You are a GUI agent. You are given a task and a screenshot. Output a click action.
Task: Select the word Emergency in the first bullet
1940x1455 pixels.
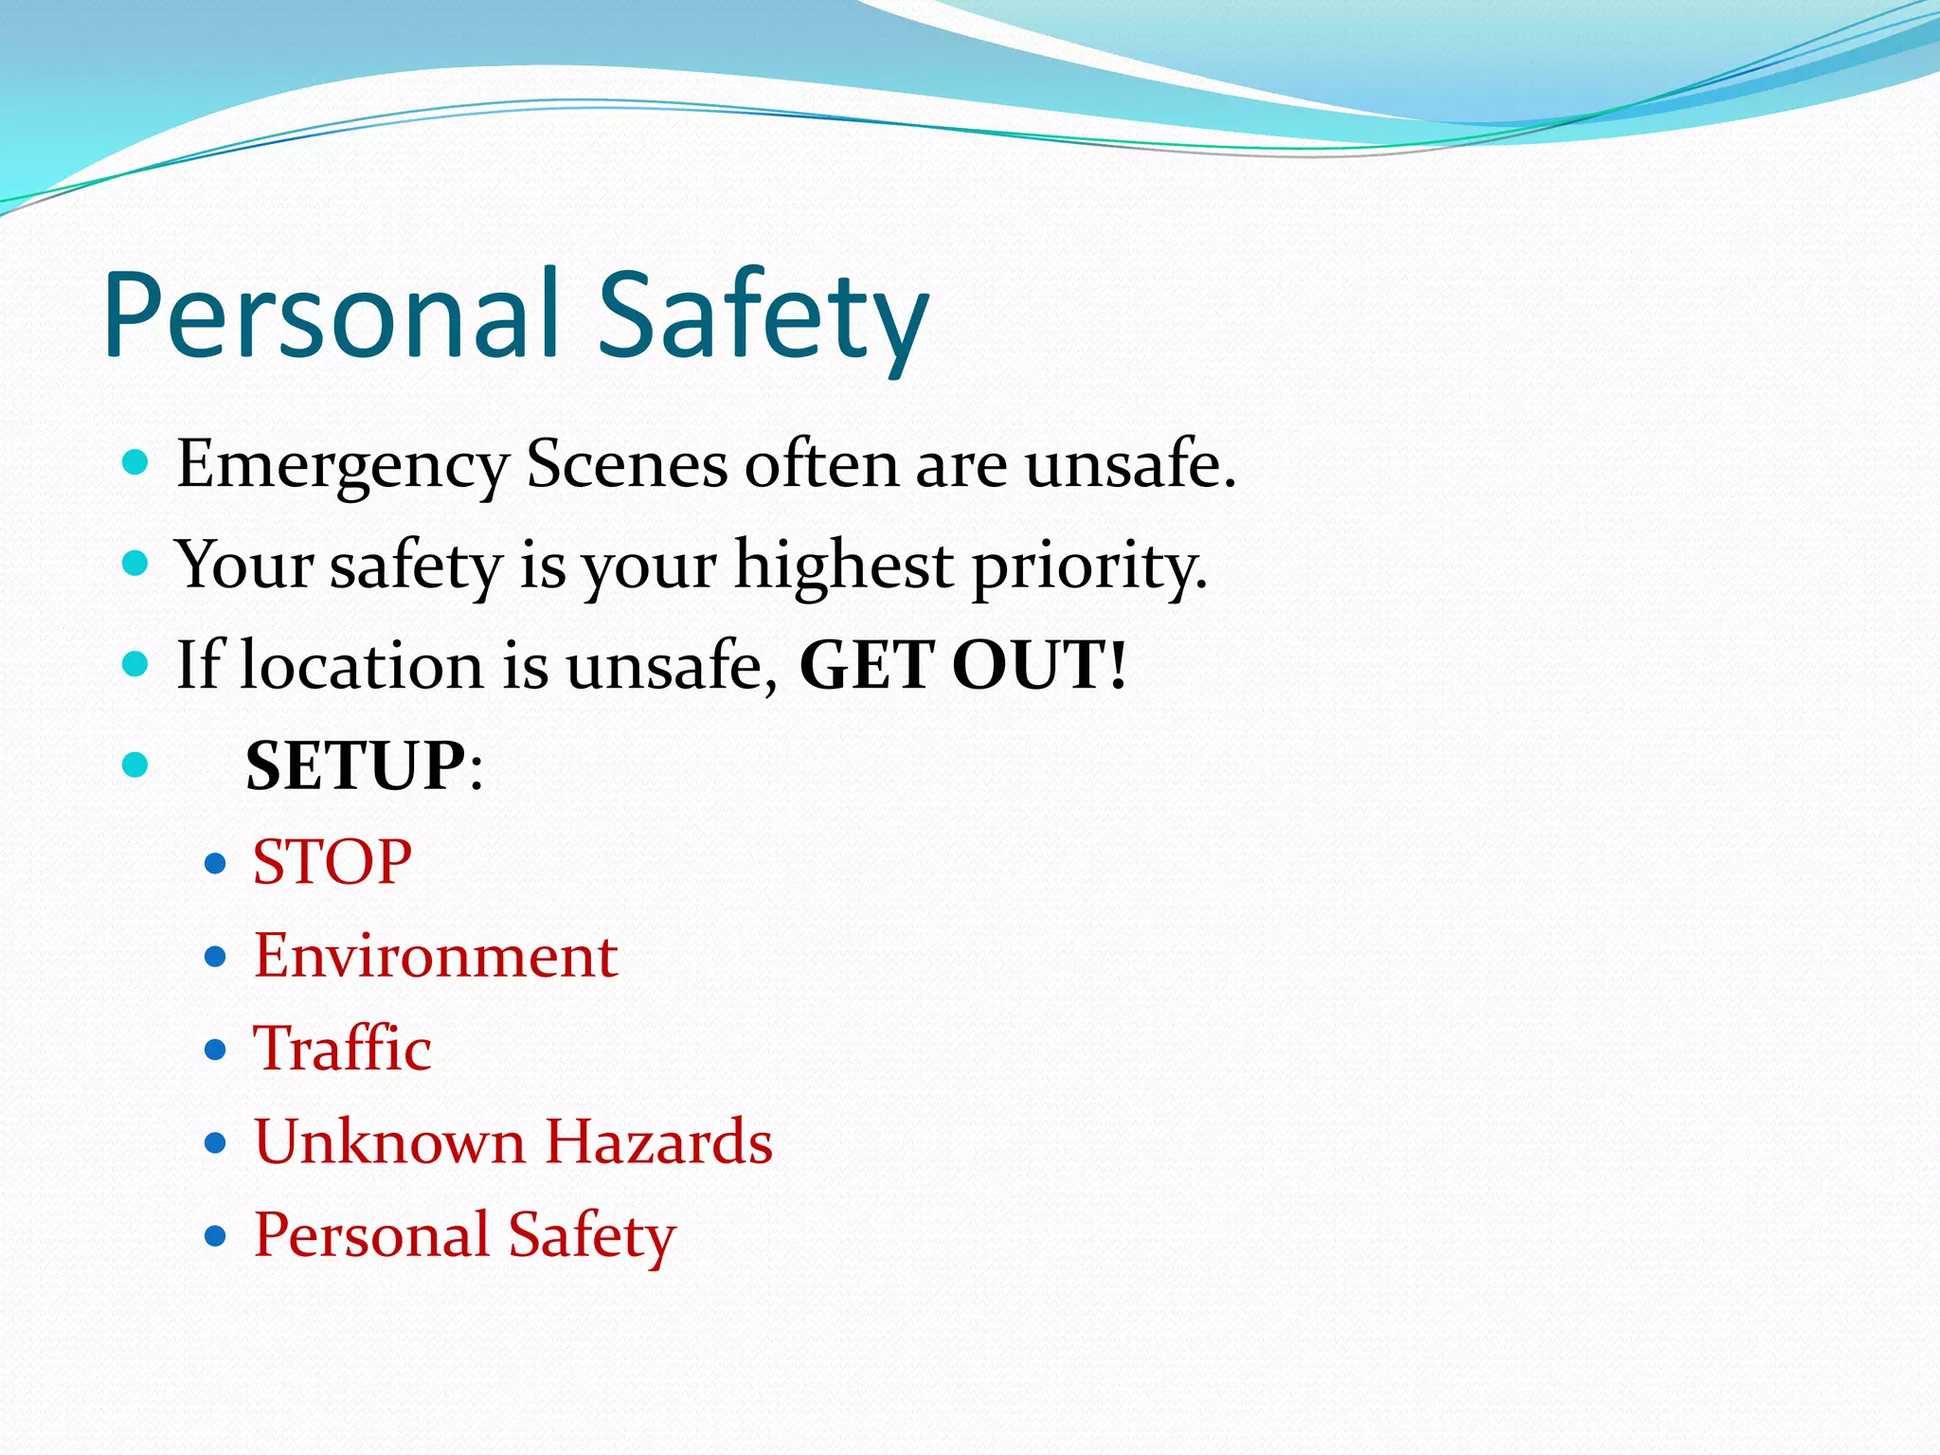pos(343,466)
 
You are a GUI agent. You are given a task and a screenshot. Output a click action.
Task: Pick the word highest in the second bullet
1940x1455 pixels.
pos(844,566)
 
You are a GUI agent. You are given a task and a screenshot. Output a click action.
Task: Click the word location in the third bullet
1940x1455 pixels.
pos(362,665)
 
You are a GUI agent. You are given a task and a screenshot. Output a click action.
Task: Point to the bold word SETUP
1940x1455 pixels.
pos(356,765)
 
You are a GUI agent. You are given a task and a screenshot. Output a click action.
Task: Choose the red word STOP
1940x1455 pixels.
pos(332,863)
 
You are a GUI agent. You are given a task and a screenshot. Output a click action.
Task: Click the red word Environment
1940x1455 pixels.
pos(436,956)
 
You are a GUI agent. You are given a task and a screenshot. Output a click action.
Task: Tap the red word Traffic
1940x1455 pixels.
pos(342,1049)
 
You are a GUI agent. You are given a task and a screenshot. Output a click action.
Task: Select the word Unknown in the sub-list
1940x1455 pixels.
pos(388,1141)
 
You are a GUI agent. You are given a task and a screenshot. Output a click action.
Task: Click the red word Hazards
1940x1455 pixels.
pos(659,1141)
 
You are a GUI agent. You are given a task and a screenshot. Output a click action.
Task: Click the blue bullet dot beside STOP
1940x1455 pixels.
pos(216,864)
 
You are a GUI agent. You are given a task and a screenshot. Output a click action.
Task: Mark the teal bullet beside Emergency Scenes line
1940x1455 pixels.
pos(135,463)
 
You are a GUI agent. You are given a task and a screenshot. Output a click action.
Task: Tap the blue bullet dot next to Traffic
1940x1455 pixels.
pos(216,1050)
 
